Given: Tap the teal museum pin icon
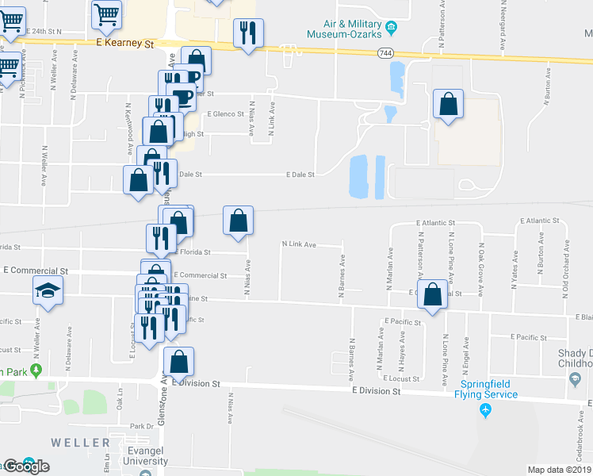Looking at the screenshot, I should coord(390,32).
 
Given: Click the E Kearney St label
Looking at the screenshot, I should coord(124,44).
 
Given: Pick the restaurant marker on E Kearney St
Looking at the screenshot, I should coord(247,33).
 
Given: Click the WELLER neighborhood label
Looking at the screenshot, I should coord(81,442).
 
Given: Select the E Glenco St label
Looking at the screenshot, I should coord(226,114).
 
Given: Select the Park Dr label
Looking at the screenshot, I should coord(142,426).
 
